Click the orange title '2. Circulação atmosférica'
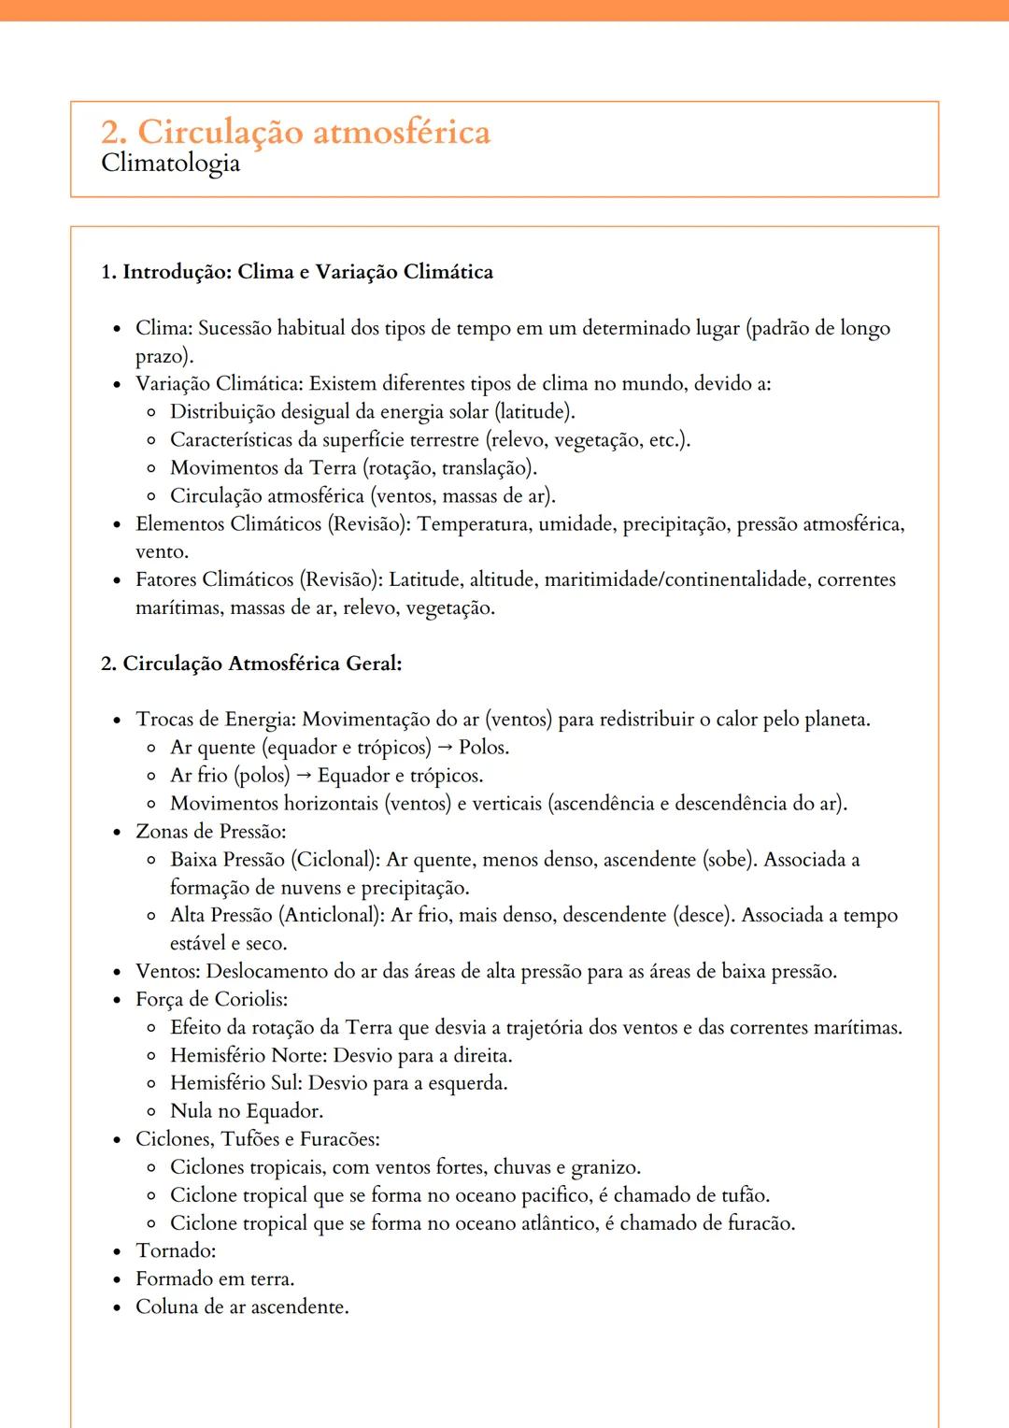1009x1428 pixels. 295,132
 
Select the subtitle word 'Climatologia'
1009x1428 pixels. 170,164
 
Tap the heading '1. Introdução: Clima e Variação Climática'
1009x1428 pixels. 297,272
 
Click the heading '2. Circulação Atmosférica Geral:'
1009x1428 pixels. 251,664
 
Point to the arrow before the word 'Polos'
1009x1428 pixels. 445,748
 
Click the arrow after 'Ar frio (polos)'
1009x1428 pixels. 304,776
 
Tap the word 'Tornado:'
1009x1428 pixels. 176,1250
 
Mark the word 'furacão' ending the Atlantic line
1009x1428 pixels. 760,1223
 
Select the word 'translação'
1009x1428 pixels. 486,467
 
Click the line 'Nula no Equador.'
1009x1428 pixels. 247,1111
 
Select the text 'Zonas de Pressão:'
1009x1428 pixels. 211,832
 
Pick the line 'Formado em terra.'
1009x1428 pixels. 215,1278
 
